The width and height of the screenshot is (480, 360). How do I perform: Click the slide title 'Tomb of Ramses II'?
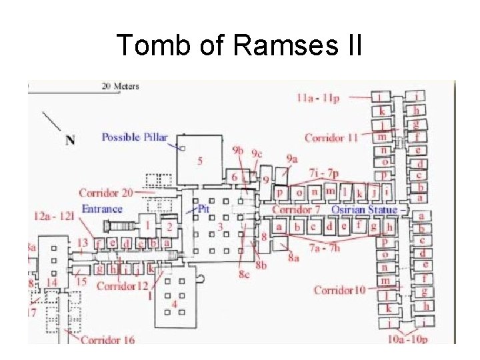point(239,45)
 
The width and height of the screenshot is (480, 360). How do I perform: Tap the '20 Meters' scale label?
point(120,86)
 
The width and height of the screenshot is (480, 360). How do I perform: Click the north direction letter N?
point(70,139)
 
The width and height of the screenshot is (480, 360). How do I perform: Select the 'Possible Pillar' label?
point(134,137)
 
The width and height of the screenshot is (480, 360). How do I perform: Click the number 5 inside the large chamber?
point(201,161)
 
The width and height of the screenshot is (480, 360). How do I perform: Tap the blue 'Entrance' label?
point(102,209)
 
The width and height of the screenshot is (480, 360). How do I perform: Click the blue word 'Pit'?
point(205,209)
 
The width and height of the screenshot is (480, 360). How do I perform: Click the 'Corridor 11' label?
point(331,138)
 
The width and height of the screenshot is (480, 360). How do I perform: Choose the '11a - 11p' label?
point(319,99)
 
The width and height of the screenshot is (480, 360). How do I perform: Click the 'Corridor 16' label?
point(107,340)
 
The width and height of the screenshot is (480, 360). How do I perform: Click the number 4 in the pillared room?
point(174,304)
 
